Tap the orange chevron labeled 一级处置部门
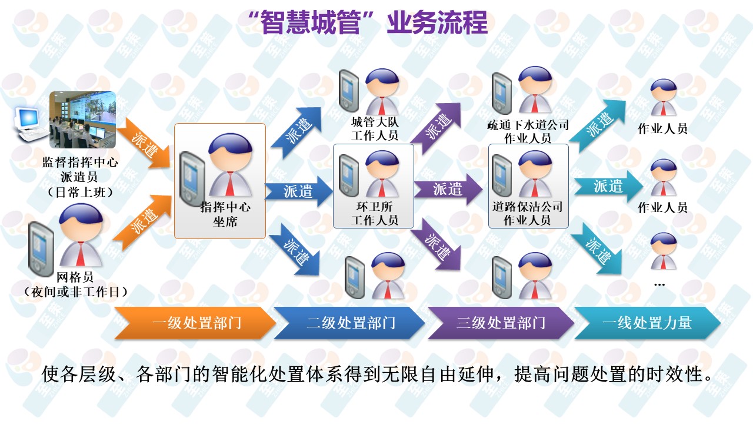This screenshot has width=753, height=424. tap(196, 323)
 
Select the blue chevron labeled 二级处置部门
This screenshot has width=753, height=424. tap(350, 323)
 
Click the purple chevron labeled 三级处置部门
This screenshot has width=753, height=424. tap(500, 323)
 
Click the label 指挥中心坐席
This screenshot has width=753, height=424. tap(225, 214)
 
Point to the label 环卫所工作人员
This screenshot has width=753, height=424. tap(374, 214)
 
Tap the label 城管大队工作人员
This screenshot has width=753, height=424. tap(374, 129)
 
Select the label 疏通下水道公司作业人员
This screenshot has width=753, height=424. tap(528, 131)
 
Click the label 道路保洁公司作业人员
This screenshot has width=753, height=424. tap(528, 214)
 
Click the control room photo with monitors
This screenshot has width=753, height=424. tap(82, 120)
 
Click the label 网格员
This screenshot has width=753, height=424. tap(75, 277)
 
